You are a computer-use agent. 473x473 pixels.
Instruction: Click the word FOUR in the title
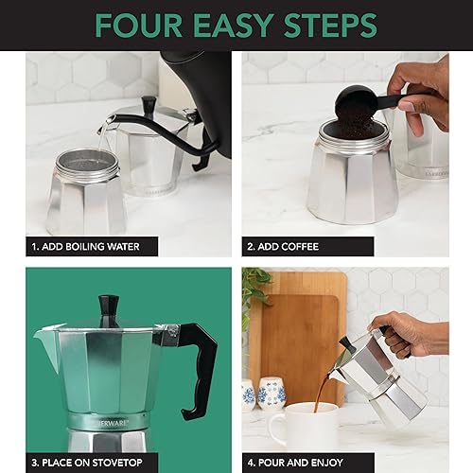click(x=149, y=25)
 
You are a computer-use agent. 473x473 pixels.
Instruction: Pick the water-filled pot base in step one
click(x=85, y=194)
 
